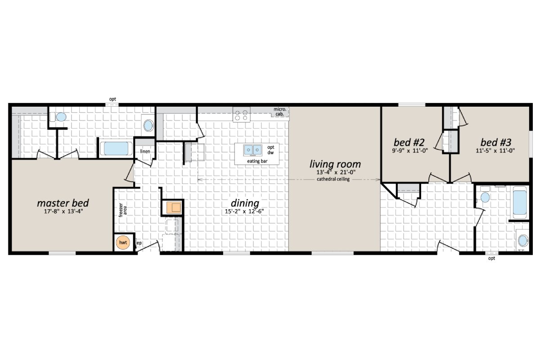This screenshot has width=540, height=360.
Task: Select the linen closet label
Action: point(145,151)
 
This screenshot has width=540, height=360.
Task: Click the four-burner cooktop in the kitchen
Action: point(241,115)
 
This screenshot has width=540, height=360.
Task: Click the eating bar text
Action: point(256,161)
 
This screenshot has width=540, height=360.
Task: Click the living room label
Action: point(334,164)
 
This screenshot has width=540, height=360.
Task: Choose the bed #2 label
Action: point(409,143)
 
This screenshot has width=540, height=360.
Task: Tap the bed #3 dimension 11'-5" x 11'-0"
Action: point(496,151)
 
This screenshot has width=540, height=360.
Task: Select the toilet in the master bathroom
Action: point(60,117)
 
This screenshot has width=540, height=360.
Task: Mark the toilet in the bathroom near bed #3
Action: point(485,197)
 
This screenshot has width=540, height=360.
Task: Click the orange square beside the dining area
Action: point(173,207)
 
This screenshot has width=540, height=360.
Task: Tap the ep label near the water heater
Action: point(139,243)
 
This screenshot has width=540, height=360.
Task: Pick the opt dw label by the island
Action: point(270,150)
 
